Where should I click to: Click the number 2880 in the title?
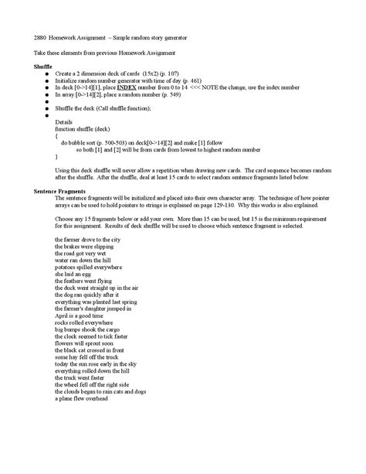pos(42,37)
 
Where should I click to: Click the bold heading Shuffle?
pos(44,67)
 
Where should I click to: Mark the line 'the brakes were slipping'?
pos(83,247)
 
